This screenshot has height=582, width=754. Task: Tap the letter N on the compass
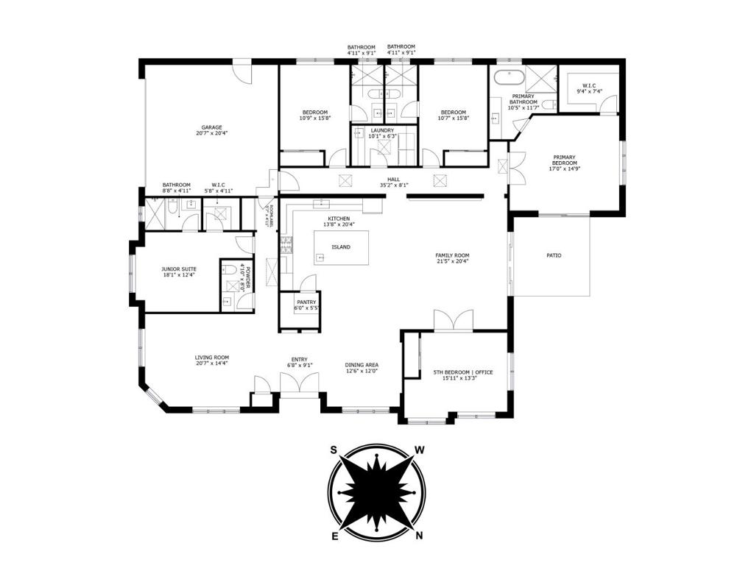[x=419, y=536]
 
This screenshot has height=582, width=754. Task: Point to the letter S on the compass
[x=334, y=450]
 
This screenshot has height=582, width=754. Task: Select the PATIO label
[x=554, y=255]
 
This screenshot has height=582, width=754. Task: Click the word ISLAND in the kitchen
[x=341, y=247]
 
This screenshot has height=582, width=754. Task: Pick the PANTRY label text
[x=306, y=302]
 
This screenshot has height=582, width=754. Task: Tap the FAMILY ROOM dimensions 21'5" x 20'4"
[x=452, y=261]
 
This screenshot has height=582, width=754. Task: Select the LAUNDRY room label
[x=382, y=130]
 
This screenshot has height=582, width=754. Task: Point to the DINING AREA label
[x=362, y=365]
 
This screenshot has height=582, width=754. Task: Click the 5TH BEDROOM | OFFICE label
[x=463, y=372]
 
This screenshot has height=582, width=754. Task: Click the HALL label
[x=394, y=179]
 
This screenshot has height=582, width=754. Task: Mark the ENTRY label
[x=299, y=359]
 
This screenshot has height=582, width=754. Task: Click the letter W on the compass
[x=420, y=450]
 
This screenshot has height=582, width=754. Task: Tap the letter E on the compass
[x=335, y=536]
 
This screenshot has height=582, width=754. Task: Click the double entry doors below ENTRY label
[x=299, y=384]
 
